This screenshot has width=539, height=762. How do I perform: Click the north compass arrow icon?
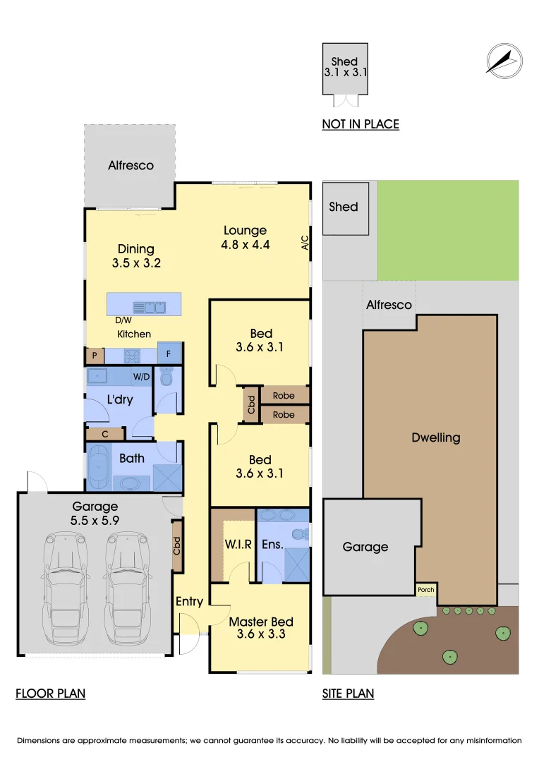[504, 59]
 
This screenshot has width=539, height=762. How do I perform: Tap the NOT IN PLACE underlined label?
[361, 124]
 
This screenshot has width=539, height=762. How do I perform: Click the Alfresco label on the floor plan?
[131, 165]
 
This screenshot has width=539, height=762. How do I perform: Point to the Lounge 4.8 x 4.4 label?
[246, 237]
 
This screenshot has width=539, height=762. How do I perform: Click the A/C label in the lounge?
[305, 243]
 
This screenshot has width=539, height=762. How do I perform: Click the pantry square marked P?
[95, 356]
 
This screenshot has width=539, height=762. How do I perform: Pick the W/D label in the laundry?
[141, 377]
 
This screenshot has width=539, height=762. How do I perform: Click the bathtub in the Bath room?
[99, 466]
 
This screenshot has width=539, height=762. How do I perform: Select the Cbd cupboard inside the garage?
[178, 546]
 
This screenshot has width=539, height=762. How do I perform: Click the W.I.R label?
[234, 544]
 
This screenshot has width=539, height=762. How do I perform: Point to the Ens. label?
[272, 544]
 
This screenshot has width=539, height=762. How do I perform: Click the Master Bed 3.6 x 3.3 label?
[260, 627]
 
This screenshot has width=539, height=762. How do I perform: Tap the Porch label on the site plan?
[426, 590]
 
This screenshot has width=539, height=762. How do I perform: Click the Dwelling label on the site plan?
[435, 437]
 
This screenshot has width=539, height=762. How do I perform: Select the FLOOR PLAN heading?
[50, 694]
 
